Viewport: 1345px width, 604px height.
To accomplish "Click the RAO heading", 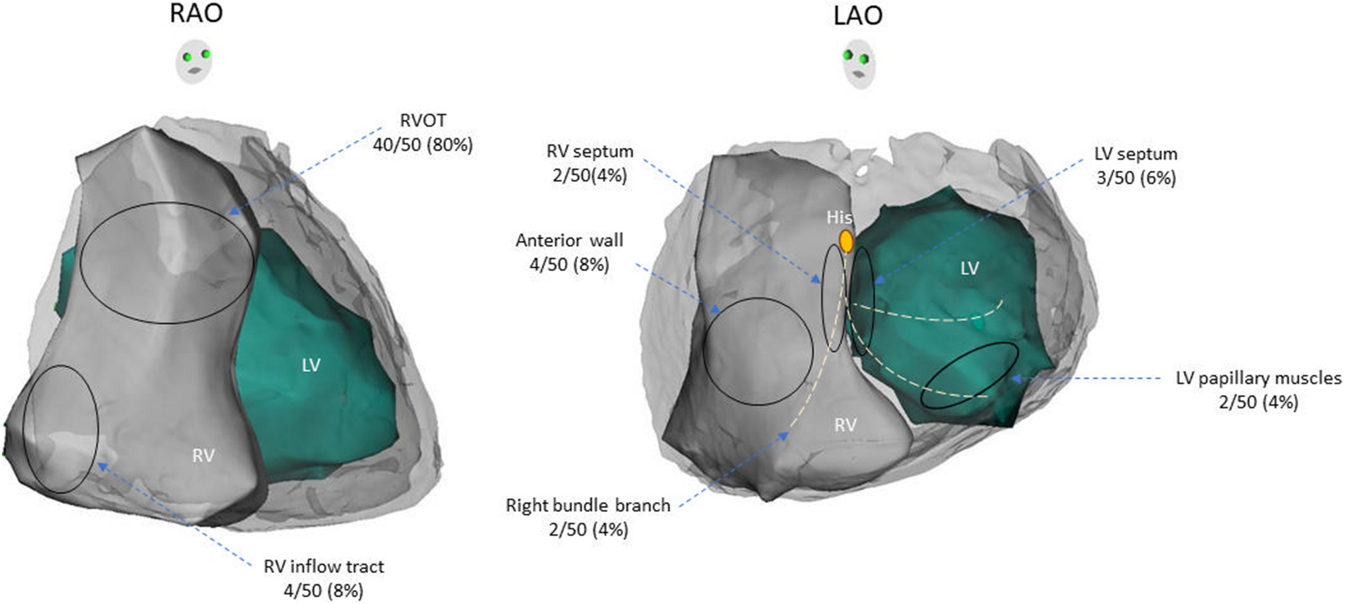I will (196, 14).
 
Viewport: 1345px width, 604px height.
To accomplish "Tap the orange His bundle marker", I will (846, 241).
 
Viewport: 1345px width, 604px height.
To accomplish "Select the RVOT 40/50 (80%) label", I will (423, 133).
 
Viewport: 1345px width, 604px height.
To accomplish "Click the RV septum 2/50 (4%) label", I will (589, 163).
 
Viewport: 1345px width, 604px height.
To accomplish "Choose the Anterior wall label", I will (569, 252).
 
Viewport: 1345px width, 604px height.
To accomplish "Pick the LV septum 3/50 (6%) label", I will (1136, 166).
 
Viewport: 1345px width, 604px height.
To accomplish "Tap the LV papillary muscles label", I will (1258, 390).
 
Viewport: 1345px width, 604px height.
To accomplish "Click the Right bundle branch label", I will (588, 517).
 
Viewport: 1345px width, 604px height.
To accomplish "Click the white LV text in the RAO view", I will (311, 365).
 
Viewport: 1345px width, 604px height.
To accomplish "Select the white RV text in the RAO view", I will (203, 455).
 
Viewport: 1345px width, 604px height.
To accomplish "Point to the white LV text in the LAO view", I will (969, 269).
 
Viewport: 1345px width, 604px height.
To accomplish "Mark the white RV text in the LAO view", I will (845, 425).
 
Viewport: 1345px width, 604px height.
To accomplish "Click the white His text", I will (839, 217).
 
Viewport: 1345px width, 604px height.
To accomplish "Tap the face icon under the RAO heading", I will (194, 61).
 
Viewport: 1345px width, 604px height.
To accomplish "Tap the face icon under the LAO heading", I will (859, 64).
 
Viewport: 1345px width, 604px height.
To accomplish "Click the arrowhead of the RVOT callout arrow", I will (231, 213).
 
